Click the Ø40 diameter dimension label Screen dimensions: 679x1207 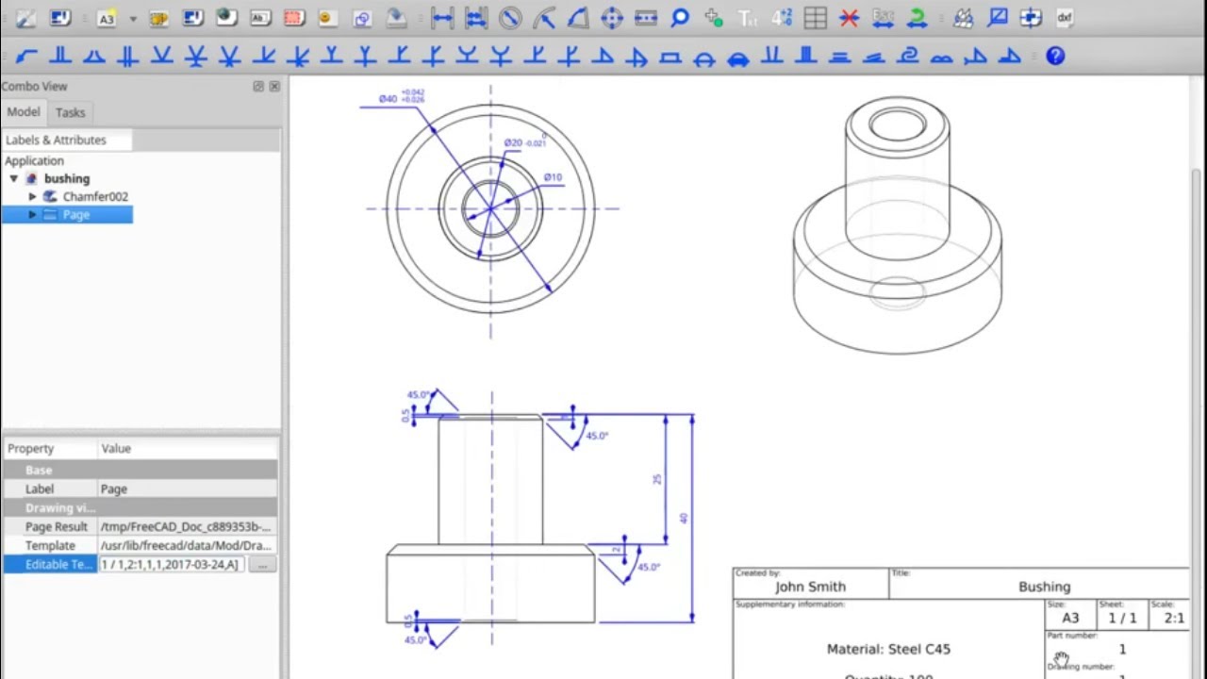click(x=388, y=98)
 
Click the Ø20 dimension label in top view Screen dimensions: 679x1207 click(x=513, y=143)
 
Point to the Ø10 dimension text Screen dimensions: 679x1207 click(x=553, y=177)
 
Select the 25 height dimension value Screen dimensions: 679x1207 click(x=657, y=479)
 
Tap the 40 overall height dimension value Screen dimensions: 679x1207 click(x=684, y=518)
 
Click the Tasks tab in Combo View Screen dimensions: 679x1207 click(x=70, y=112)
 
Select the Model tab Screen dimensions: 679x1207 click(x=24, y=112)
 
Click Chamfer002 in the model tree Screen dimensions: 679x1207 click(x=95, y=196)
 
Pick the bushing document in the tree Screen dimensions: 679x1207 click(x=66, y=178)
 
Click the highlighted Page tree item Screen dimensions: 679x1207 click(x=76, y=215)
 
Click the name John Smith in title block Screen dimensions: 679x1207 click(x=810, y=587)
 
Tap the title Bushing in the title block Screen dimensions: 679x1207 click(x=1044, y=587)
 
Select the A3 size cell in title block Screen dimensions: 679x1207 click(x=1070, y=619)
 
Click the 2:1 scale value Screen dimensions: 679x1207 click(x=1174, y=619)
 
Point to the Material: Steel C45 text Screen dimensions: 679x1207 click(x=888, y=649)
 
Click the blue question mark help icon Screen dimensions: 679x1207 click(x=1055, y=56)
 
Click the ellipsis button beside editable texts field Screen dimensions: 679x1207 click(x=262, y=564)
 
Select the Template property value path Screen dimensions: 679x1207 click(x=186, y=545)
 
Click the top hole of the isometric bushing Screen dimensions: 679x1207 click(x=897, y=124)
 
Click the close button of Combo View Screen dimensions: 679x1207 click(x=274, y=86)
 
